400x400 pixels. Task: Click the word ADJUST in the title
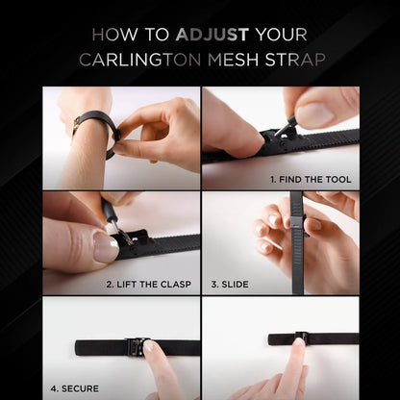(212, 35)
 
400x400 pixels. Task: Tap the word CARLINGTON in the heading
(140, 60)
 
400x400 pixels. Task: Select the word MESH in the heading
(234, 60)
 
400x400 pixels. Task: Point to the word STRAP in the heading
(295, 60)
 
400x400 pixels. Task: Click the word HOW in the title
(115, 35)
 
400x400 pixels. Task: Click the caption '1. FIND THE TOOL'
(311, 180)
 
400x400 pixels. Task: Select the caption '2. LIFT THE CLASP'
(149, 285)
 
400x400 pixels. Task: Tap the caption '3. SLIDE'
(230, 285)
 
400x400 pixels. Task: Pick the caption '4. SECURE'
(75, 388)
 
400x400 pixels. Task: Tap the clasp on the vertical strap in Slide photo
(298, 222)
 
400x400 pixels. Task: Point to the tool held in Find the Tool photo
(285, 126)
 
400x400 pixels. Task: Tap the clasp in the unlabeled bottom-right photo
(302, 337)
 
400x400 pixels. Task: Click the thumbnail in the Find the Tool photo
(314, 113)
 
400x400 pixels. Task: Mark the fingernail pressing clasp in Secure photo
(149, 345)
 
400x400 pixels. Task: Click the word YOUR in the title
(282, 35)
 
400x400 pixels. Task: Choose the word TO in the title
(157, 35)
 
